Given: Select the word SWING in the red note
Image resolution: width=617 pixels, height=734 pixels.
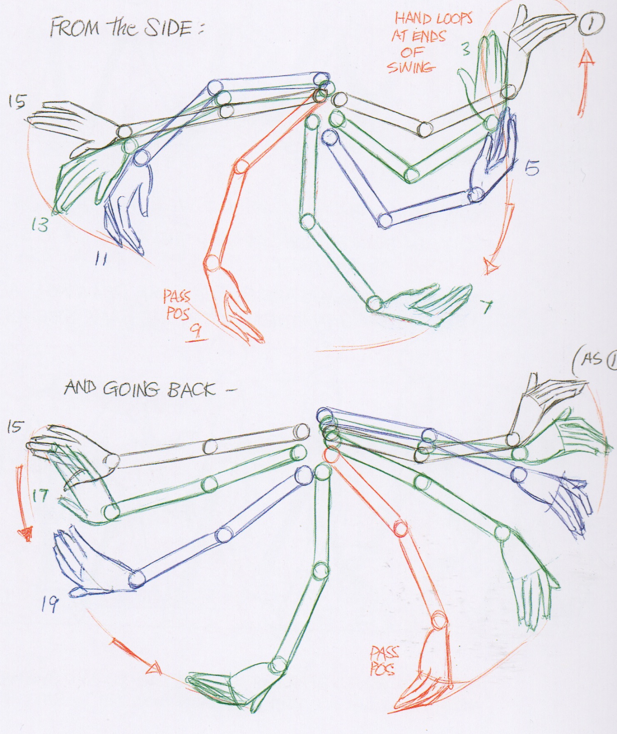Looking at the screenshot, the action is (411, 67).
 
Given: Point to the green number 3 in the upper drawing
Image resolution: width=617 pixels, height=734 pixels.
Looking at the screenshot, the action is (466, 48).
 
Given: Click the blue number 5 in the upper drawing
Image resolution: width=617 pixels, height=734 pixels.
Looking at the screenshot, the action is (532, 168).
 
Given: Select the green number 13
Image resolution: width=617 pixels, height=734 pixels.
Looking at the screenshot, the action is (40, 224).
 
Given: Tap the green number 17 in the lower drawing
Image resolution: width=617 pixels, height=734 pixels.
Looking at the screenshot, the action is (40, 495).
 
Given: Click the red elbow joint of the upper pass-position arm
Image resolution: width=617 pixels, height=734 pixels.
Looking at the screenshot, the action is (241, 166).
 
